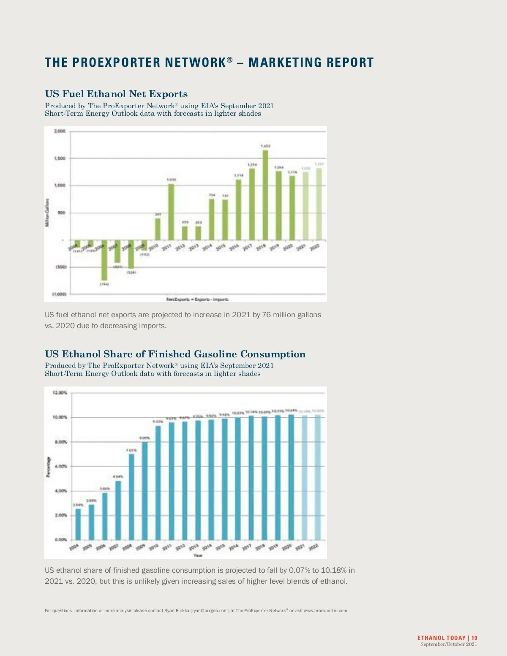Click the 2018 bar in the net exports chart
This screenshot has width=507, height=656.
tap(265, 195)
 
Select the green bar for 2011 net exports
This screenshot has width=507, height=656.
tap(171, 212)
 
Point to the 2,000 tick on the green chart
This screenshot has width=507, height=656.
tap(60, 131)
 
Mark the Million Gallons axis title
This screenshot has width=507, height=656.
tap(47, 212)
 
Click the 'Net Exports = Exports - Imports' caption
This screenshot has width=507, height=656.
tap(197, 299)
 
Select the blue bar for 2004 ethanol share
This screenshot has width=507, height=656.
tap(78, 524)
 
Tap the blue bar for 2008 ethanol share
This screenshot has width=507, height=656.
tap(131, 497)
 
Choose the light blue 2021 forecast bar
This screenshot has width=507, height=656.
tap(305, 477)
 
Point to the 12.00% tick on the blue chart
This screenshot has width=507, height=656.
tap(60, 393)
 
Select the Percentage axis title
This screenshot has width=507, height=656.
tap(48, 467)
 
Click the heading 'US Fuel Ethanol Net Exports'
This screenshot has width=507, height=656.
tap(116, 94)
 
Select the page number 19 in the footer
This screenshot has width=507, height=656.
tap(474, 638)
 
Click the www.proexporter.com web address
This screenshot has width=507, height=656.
tap(325, 610)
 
